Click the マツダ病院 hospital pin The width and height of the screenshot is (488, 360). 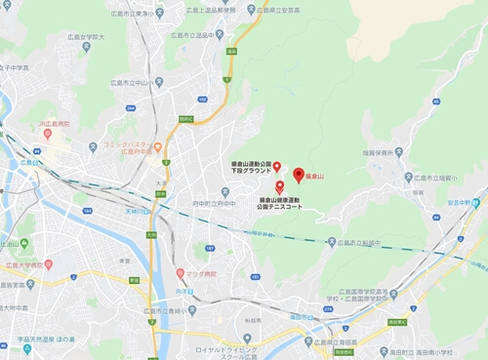(181, 271)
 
